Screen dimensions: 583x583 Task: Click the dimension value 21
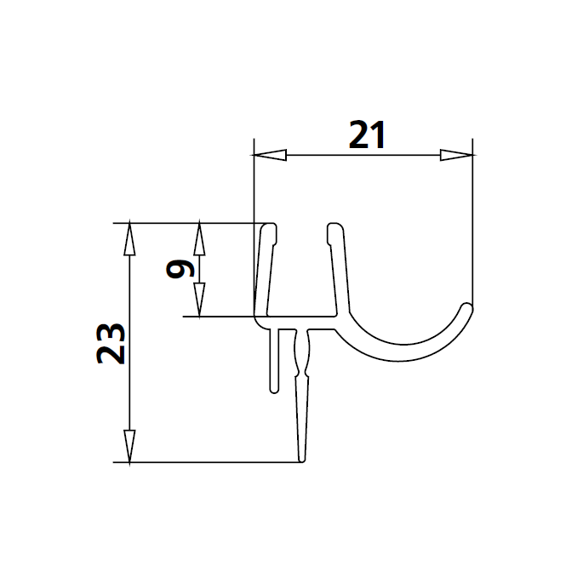(368, 135)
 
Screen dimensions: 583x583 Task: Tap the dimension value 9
(180, 270)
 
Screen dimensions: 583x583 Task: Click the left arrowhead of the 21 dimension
(269, 156)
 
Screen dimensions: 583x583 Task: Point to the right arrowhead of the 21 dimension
(456, 156)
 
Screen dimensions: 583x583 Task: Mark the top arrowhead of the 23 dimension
(129, 238)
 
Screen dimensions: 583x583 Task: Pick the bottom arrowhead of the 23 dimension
(129, 448)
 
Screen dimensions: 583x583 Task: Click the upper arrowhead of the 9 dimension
(199, 238)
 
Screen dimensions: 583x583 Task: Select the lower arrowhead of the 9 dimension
(199, 301)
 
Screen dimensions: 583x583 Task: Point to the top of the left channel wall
(269, 228)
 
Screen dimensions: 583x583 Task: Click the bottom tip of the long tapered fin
(302, 460)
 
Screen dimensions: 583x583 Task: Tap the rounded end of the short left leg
(274, 390)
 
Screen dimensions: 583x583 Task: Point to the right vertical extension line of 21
(472, 221)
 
